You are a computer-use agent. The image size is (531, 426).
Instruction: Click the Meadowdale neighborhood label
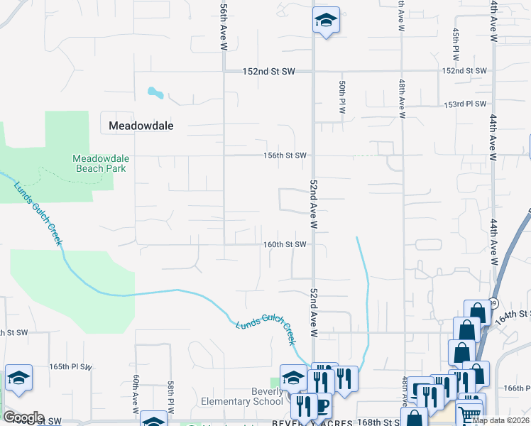coord(141,126)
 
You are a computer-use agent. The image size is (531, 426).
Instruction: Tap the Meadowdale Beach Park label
coord(100,163)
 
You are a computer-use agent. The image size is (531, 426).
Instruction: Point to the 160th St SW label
coord(284,245)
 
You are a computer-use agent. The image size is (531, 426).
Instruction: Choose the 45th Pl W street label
coord(456,44)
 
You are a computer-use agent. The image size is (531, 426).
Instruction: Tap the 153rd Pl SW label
coord(465,104)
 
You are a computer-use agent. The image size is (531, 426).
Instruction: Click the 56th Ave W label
coord(224,28)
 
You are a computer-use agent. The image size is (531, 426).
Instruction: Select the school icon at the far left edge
coord(18,378)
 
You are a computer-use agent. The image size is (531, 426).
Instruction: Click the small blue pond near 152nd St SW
coord(155,92)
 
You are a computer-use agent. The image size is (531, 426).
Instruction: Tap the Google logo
coord(23,417)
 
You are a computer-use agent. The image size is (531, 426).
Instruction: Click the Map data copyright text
coord(500,420)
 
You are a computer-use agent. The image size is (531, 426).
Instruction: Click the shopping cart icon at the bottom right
coord(469,415)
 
